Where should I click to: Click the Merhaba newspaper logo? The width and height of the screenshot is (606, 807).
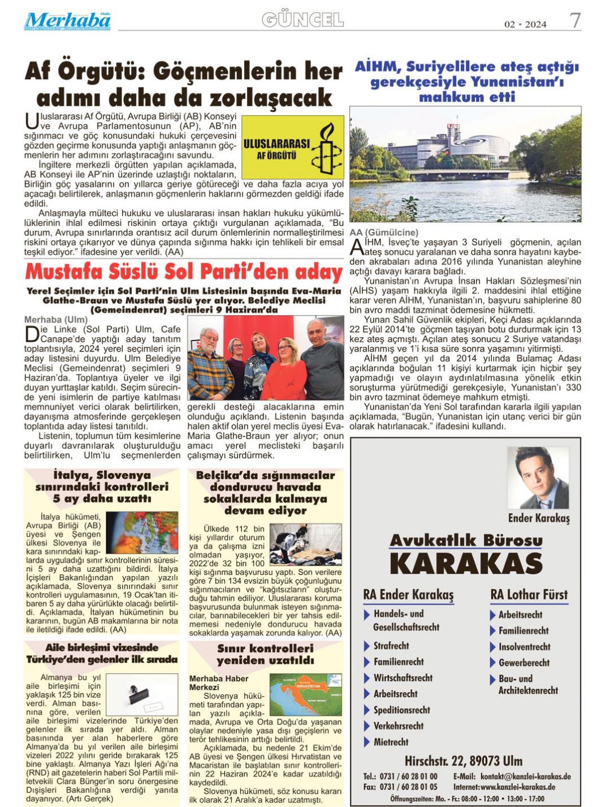[x=67, y=22]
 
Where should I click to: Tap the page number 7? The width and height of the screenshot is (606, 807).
[x=575, y=21]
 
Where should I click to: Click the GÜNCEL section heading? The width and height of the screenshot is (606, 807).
[x=302, y=20]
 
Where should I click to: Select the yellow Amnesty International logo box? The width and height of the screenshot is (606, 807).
[x=293, y=147]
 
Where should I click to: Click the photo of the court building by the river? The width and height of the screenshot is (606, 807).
[x=465, y=164]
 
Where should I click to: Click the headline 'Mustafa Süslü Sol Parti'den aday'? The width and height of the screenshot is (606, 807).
[x=184, y=272]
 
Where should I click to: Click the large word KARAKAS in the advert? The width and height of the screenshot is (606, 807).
[x=466, y=564]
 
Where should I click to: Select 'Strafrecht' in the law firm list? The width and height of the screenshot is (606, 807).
[x=391, y=646]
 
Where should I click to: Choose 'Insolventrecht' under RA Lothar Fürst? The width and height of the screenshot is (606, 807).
[x=524, y=647]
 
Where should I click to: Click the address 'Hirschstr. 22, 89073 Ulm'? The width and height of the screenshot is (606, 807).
[x=463, y=761]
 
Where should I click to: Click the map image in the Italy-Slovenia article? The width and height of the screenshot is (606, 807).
[x=141, y=532]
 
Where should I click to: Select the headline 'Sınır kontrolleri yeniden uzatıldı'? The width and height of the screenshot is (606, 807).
[x=265, y=654]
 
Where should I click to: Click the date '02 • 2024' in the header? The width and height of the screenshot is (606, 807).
[x=525, y=24]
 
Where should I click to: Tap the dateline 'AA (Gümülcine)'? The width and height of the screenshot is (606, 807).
[x=384, y=233]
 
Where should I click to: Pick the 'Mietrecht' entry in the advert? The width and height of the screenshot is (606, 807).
[x=391, y=742]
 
